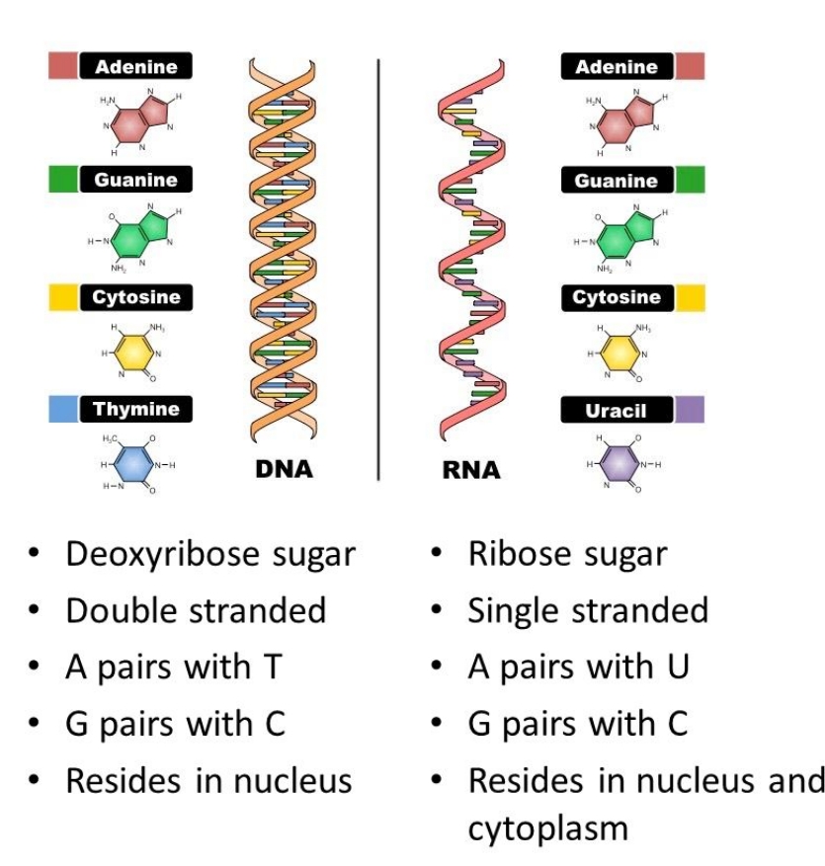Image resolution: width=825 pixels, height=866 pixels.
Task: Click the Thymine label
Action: point(136,409)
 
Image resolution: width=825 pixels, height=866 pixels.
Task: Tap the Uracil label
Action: point(616,410)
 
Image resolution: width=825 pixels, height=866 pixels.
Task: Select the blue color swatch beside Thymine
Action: point(63,409)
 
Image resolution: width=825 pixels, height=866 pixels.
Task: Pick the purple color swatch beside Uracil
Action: point(690,410)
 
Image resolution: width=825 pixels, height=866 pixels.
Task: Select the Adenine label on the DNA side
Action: point(136,67)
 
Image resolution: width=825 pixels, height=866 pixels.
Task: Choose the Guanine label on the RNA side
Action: point(616,181)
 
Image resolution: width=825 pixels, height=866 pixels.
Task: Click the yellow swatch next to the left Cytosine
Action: point(63,297)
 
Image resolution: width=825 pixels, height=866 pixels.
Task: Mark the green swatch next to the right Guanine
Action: point(690,181)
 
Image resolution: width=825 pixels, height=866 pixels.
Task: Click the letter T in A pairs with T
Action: point(273,668)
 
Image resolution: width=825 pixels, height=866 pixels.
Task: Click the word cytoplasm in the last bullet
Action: point(547,828)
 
